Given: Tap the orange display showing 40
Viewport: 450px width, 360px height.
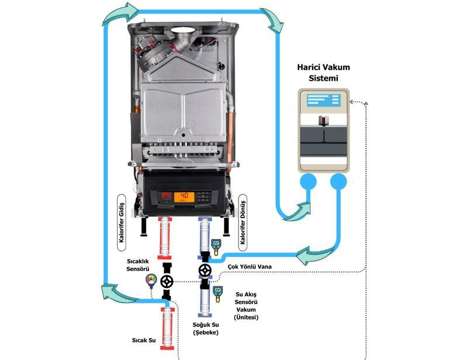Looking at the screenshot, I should point(185,196).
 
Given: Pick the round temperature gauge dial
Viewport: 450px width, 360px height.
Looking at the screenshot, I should point(151,281).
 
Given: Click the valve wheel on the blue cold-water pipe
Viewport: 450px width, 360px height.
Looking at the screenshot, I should point(205,270).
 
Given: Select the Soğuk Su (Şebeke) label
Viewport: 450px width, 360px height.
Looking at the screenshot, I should point(206,328).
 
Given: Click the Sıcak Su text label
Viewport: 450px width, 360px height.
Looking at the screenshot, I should point(143,339).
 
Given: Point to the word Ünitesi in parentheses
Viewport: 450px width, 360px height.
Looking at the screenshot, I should point(247,317).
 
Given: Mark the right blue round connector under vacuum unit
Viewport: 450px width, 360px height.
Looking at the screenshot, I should point(339,183).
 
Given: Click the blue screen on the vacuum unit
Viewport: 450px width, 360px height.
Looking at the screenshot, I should point(321,99).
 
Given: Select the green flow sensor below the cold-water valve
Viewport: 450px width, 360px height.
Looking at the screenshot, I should point(218,291).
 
